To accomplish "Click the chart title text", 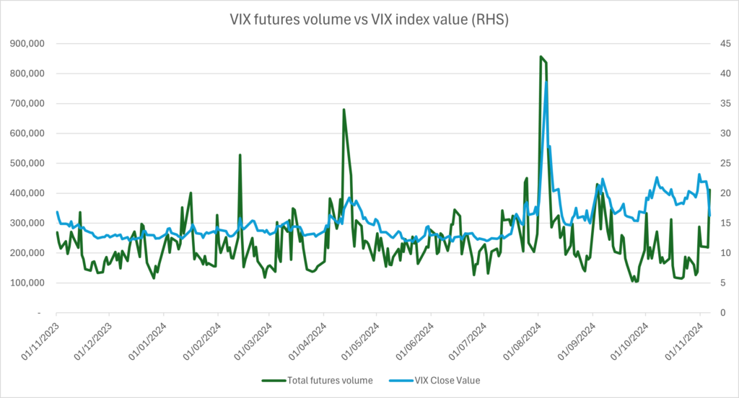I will (369, 19).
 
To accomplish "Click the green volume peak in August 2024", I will (541, 56).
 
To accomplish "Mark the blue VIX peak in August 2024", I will (546, 82).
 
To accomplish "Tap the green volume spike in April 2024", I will (344, 110).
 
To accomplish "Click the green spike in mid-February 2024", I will (240, 155).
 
